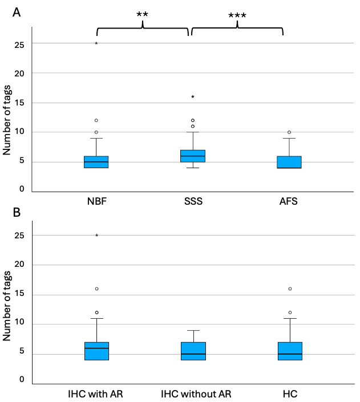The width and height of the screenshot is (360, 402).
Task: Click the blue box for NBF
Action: coord(96,162)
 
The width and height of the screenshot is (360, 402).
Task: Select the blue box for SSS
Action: coord(193,156)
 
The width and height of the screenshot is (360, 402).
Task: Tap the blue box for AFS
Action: coord(289,162)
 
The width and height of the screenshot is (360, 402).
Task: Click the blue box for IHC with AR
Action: coord(96,351)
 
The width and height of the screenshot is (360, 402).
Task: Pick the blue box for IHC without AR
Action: coord(193,351)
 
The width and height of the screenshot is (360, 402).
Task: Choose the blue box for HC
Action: coord(289,351)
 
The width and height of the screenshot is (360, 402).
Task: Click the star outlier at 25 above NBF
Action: coord(96,43)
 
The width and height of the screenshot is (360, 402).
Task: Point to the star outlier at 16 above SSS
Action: coord(193,97)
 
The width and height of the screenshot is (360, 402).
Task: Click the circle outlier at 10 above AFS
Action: coord(289,132)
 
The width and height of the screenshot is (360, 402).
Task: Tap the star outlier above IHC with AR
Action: coord(96,235)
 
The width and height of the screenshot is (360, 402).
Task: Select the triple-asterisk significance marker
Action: coord(237,15)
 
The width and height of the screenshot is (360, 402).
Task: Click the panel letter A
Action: coord(17,13)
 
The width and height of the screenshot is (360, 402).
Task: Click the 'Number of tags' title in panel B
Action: coord(7,312)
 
